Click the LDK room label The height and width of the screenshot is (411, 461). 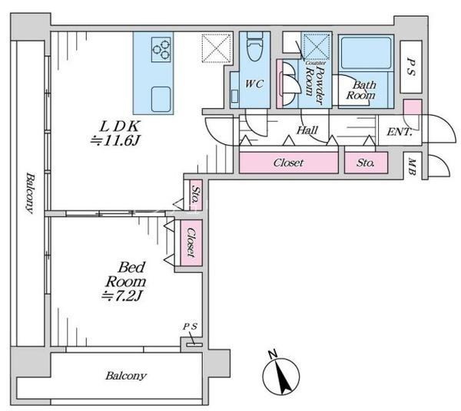coord(119,127)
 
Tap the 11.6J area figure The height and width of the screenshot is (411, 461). coord(114,141)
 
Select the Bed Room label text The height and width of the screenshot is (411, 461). coord(125,275)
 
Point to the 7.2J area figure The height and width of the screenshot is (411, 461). coord(121,296)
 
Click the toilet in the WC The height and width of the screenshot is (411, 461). coord(254,46)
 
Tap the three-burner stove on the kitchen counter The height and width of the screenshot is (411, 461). coord(161,49)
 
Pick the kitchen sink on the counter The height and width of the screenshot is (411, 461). coord(161,99)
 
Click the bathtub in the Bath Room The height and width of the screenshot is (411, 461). coord(366,53)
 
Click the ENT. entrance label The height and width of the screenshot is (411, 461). coord(399,132)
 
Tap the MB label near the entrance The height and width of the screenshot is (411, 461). coord(412,167)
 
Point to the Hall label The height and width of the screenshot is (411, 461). coord(307,130)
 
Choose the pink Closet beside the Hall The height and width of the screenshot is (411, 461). coord(288,163)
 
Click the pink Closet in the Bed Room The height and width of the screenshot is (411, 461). coord(191,242)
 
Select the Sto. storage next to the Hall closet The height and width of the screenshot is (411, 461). coord(366,163)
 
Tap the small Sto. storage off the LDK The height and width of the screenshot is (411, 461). coord(195,195)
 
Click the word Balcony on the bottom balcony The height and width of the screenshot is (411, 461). coord(126,376)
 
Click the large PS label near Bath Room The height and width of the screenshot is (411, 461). coord(411,67)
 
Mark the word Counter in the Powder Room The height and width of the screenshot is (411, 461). coord(316,63)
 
